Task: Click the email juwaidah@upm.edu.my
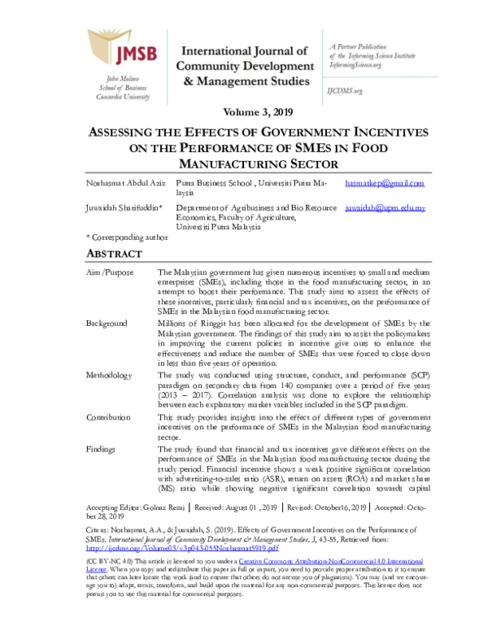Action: pos(385,208)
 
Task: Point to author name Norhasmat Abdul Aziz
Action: pos(124,185)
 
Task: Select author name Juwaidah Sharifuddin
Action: pos(127,209)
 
